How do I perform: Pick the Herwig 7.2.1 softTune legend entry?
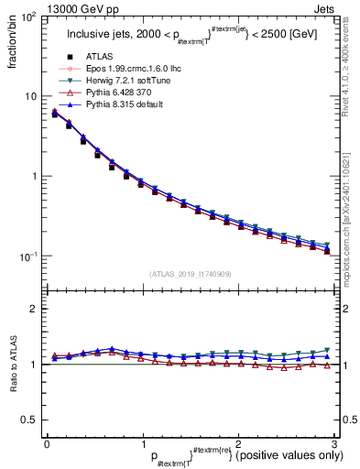115,81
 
